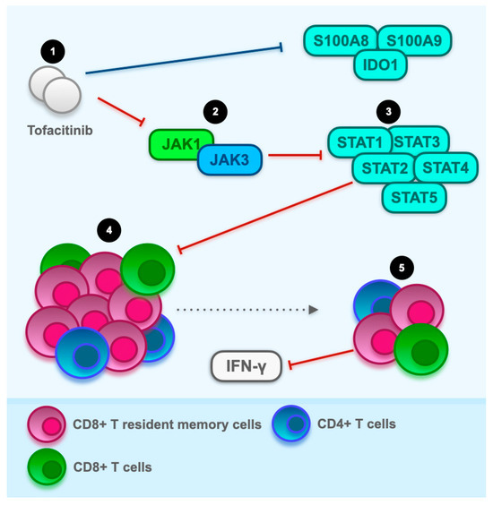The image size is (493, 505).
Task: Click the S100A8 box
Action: click(x=340, y=41)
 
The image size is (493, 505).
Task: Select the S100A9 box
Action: click(x=415, y=41)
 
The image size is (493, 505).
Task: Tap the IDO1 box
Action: click(x=377, y=67)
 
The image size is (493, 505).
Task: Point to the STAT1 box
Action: click(x=357, y=142)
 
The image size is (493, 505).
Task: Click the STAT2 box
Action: click(x=383, y=167)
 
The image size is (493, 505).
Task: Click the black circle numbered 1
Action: click(x=55, y=52)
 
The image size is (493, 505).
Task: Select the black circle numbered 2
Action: click(x=215, y=112)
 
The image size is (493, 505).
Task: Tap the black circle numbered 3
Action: click(x=387, y=113)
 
